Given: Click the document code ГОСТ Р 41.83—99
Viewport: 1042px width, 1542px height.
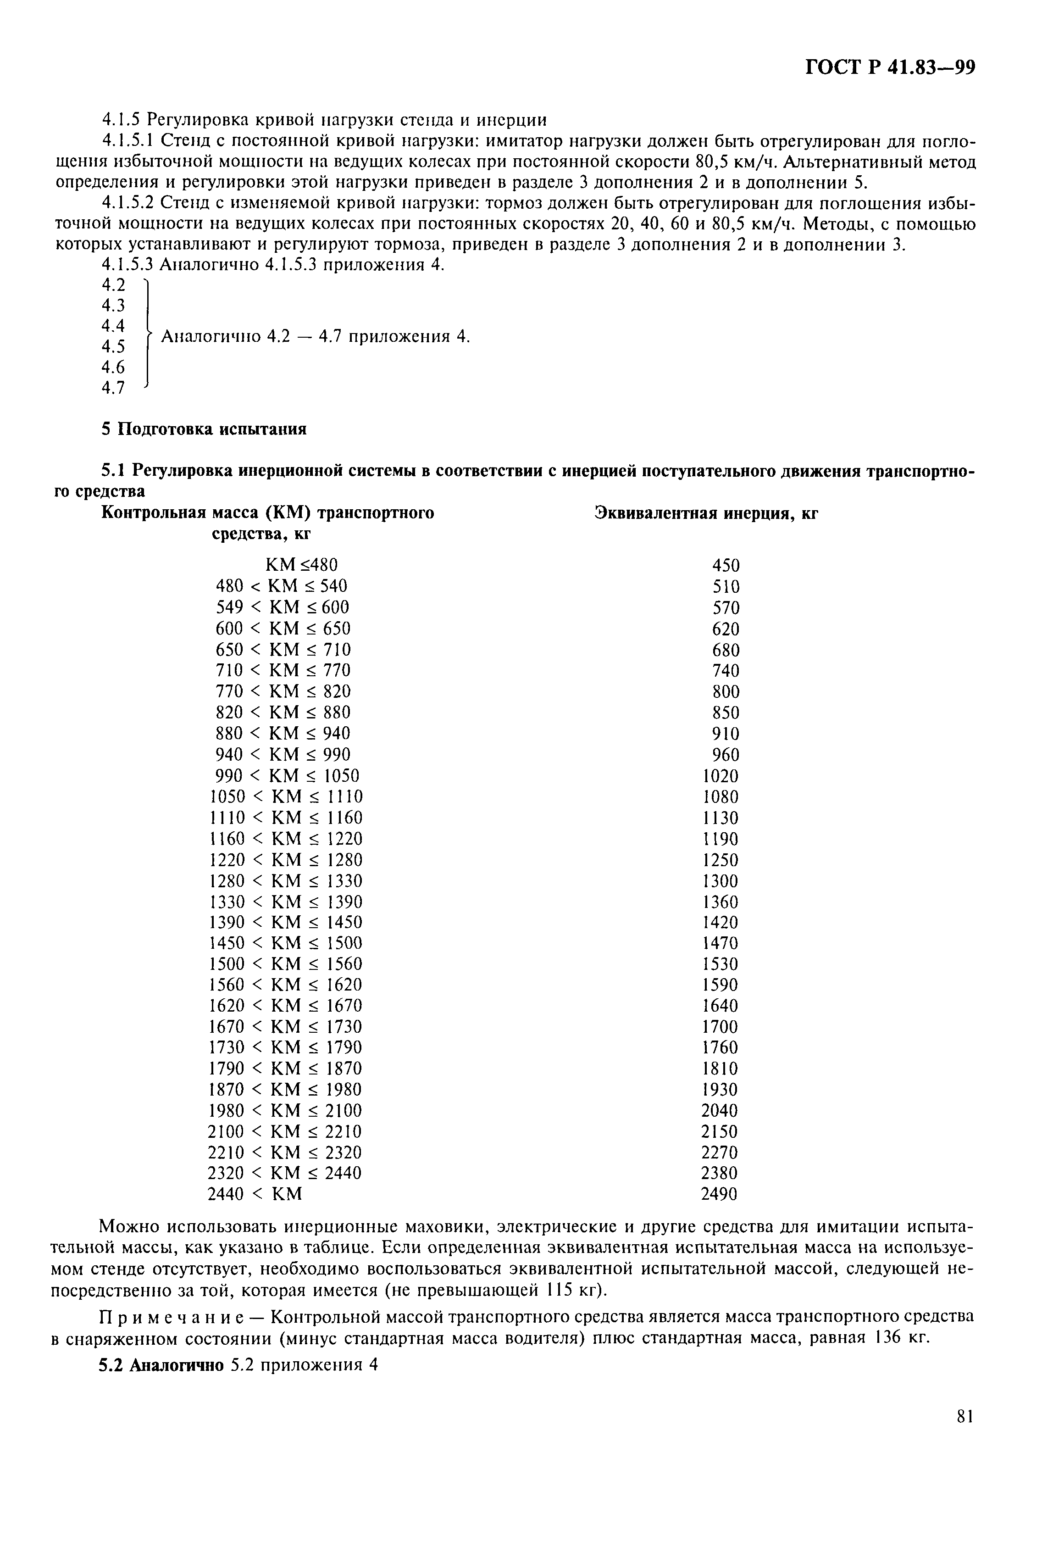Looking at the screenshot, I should tap(889, 68).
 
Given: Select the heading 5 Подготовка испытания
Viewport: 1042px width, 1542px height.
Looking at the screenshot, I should tap(204, 429).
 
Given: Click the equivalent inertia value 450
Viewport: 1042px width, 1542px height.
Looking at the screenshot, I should tap(725, 565).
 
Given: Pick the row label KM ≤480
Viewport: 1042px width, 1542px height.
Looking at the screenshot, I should tap(301, 565).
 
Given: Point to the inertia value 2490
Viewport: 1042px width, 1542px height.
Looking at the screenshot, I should tap(719, 1194).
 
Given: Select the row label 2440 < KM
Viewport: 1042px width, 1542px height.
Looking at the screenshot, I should tap(255, 1194).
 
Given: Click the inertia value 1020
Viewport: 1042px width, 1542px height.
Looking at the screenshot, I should tap(720, 776).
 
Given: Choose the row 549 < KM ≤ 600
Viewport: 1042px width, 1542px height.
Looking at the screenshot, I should tap(282, 607).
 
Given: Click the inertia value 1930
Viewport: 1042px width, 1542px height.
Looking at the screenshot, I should tap(720, 1090).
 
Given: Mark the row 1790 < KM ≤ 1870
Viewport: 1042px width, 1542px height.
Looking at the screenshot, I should tap(285, 1068).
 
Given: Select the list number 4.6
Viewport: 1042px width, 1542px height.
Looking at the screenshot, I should tap(113, 367).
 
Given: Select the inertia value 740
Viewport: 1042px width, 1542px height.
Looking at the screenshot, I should tap(725, 671).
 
